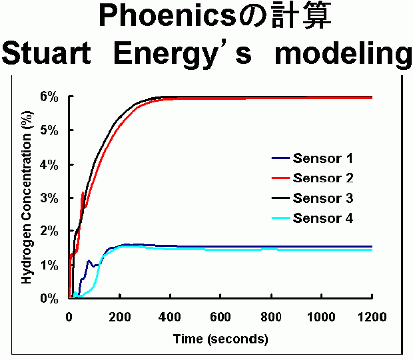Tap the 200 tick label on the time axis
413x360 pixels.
click(x=120, y=317)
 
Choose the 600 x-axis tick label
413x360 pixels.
click(x=220, y=317)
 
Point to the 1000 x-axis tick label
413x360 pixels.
click(x=321, y=317)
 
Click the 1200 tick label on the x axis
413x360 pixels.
click(x=371, y=317)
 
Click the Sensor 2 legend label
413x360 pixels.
click(x=322, y=178)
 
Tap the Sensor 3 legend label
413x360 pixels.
click(x=322, y=198)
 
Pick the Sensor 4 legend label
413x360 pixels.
click(x=322, y=218)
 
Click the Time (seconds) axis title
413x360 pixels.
click(x=220, y=339)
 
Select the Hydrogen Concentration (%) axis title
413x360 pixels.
click(x=27, y=198)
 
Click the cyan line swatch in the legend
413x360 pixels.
click(x=280, y=219)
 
